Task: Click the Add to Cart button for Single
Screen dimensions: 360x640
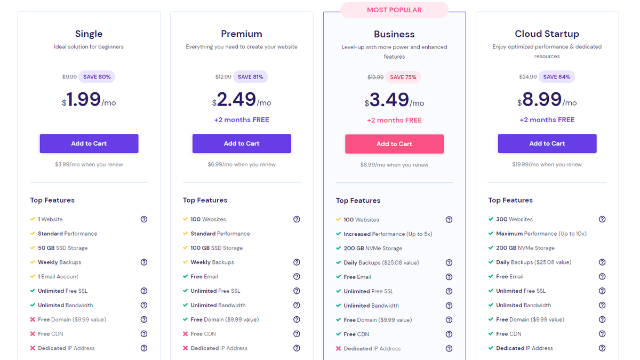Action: click(x=89, y=143)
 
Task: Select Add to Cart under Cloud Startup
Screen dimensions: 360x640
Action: click(x=547, y=143)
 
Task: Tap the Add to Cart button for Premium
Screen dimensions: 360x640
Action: click(x=242, y=143)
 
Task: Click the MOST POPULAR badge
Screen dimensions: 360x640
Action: click(x=394, y=10)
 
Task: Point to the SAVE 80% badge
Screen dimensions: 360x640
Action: click(x=97, y=77)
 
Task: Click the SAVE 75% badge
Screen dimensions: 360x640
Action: click(x=403, y=77)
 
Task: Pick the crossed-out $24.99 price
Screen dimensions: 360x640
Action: click(x=528, y=77)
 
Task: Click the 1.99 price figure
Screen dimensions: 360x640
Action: click(x=84, y=100)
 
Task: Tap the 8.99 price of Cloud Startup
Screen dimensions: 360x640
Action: click(x=541, y=100)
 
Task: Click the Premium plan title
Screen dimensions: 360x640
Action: click(x=242, y=34)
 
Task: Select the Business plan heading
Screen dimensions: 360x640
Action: click(x=394, y=34)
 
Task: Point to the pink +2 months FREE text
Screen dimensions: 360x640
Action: click(x=394, y=120)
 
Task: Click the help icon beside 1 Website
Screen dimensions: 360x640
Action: click(x=144, y=219)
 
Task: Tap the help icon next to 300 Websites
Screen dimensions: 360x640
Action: click(x=602, y=219)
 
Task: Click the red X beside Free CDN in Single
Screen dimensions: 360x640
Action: click(x=33, y=334)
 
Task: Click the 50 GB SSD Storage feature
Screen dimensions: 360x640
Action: click(x=62, y=248)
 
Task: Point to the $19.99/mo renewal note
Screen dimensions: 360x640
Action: click(x=547, y=164)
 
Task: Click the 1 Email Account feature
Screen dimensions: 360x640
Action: click(x=58, y=277)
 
